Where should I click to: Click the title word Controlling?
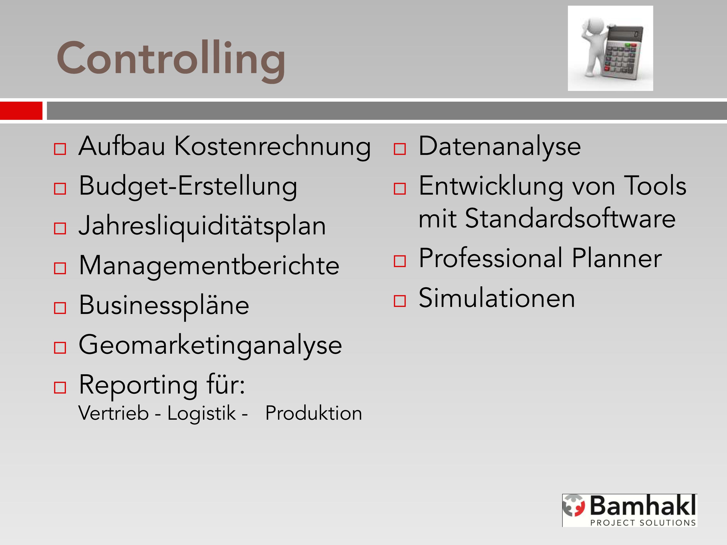[171, 61]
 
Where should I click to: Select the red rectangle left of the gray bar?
[21, 111]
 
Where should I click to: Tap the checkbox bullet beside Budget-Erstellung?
[60, 189]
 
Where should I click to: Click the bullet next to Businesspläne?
[60, 308]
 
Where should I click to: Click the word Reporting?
[138, 385]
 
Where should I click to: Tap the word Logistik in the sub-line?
[202, 413]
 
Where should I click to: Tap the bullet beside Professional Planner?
[400, 261]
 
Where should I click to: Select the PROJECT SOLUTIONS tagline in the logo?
[643, 523]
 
